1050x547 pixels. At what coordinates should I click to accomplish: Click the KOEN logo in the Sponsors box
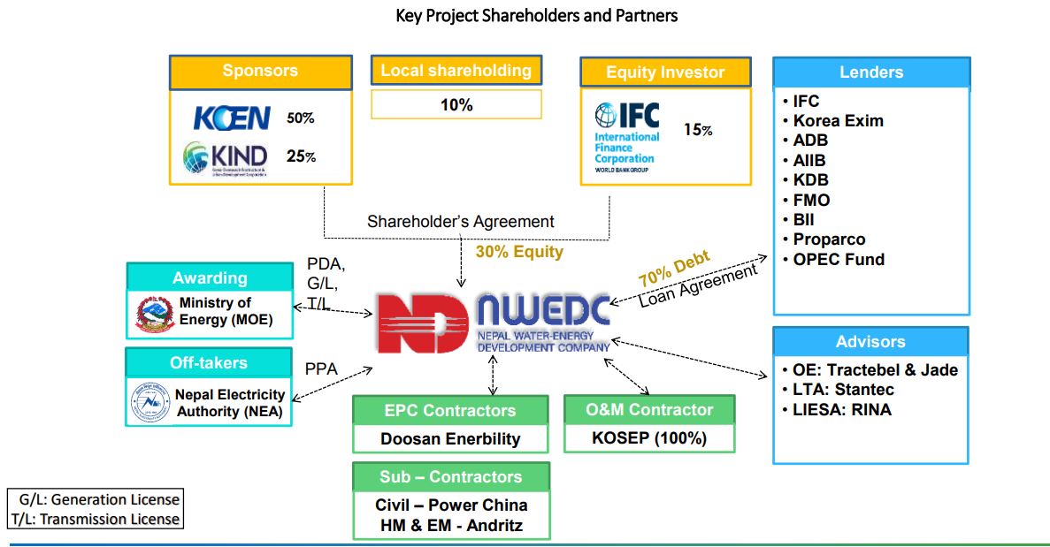pyautogui.click(x=232, y=118)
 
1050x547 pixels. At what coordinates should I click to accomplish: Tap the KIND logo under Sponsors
pyautogui.click(x=225, y=158)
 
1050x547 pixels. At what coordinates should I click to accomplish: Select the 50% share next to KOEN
pyautogui.click(x=301, y=118)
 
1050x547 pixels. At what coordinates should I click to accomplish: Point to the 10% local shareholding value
pyautogui.click(x=456, y=105)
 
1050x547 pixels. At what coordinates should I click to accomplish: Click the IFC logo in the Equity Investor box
pyautogui.click(x=627, y=136)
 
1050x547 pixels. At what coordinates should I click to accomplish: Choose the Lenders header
pyautogui.click(x=871, y=72)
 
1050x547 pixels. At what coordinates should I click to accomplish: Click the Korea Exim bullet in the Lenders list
pyautogui.click(x=838, y=121)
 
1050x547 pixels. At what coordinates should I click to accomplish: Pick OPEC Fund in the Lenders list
pyautogui.click(x=838, y=259)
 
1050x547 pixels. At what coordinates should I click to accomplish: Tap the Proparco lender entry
pyautogui.click(x=829, y=239)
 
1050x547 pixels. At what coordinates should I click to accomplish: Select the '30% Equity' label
pyautogui.click(x=519, y=252)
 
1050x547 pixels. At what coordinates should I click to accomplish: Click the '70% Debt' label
pyautogui.click(x=674, y=270)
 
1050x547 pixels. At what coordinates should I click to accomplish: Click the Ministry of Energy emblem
pyautogui.click(x=154, y=314)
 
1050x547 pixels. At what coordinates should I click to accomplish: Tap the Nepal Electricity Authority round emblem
pyautogui.click(x=149, y=403)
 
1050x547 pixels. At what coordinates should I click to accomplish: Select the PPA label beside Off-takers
pyautogui.click(x=321, y=369)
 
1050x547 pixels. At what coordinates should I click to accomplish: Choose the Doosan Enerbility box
pyautogui.click(x=450, y=438)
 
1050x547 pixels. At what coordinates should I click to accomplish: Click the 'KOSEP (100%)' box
pyautogui.click(x=649, y=437)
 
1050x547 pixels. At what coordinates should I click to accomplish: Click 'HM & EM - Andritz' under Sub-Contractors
pyautogui.click(x=451, y=525)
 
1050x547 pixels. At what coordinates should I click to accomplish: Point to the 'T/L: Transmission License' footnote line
pyautogui.click(x=96, y=520)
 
